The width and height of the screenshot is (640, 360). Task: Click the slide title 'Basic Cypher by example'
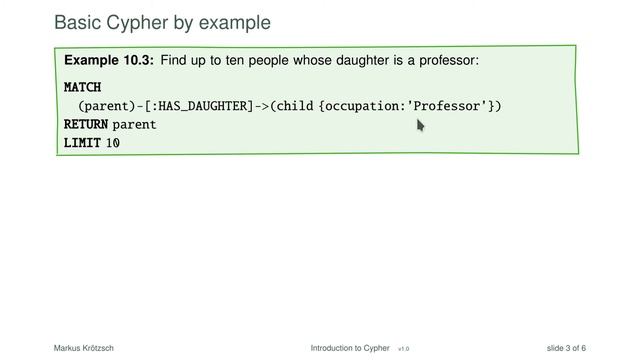click(x=162, y=21)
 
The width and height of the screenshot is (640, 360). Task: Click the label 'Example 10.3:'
click(x=109, y=61)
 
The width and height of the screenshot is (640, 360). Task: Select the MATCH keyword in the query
click(x=82, y=87)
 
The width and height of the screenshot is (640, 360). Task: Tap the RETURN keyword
click(x=85, y=125)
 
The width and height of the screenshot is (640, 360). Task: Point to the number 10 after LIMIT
click(x=113, y=143)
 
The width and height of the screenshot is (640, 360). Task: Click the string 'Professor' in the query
click(x=454, y=106)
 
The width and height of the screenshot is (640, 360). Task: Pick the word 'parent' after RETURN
click(x=135, y=125)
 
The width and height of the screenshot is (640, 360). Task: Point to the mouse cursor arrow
click(x=421, y=125)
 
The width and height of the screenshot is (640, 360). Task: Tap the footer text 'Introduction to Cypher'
click(x=350, y=348)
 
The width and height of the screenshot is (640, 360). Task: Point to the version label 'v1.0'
click(x=403, y=349)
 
